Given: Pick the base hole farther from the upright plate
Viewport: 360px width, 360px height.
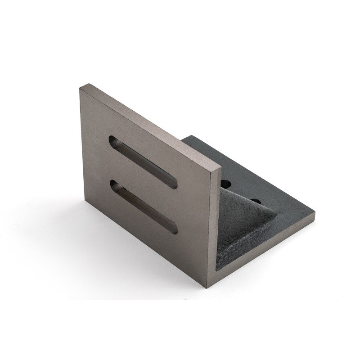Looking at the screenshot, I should coord(256,200).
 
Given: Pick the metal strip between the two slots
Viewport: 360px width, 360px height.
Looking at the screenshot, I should coord(143,184).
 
